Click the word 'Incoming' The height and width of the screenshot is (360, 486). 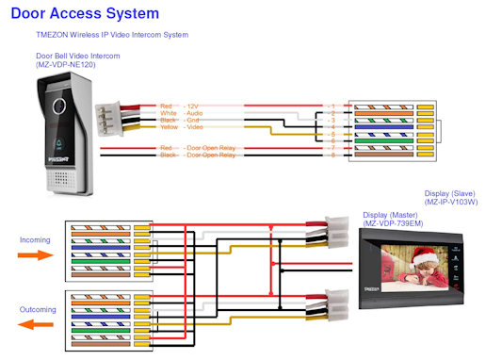34,239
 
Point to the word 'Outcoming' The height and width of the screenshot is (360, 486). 37,309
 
